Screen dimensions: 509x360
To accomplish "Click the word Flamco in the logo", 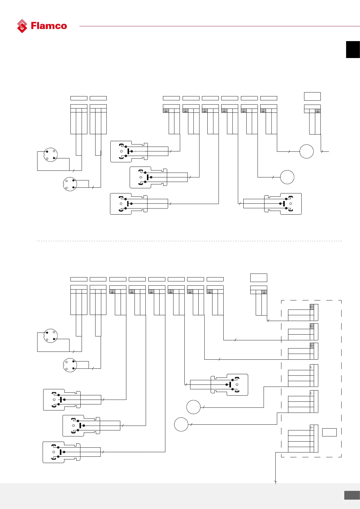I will (49, 26).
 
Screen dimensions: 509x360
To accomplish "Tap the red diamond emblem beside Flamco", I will (22, 26).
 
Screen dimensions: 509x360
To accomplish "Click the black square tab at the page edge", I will (353, 50).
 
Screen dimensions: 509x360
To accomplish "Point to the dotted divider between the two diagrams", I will (189, 241).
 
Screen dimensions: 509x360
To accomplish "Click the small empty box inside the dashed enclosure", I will (329, 432).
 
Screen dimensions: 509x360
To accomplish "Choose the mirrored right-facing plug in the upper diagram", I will (283, 204).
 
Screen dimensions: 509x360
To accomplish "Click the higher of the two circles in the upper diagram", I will (306, 151).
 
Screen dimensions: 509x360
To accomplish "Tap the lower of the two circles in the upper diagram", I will (287, 177).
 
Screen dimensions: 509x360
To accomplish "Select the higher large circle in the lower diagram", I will (193, 407).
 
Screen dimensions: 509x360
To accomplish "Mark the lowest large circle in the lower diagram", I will (181, 424).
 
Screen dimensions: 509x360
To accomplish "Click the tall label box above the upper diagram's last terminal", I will (312, 96).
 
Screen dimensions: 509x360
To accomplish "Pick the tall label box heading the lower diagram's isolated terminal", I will (259, 277).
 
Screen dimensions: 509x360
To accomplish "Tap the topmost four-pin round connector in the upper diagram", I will (50, 155).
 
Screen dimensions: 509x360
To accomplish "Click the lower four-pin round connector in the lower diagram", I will (70, 365).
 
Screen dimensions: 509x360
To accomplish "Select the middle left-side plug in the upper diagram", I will (148, 177).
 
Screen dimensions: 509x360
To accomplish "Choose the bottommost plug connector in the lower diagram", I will (62, 452).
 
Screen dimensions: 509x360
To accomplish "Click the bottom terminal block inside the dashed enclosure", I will (303, 441).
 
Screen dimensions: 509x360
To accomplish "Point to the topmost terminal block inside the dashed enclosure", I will (303, 312).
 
